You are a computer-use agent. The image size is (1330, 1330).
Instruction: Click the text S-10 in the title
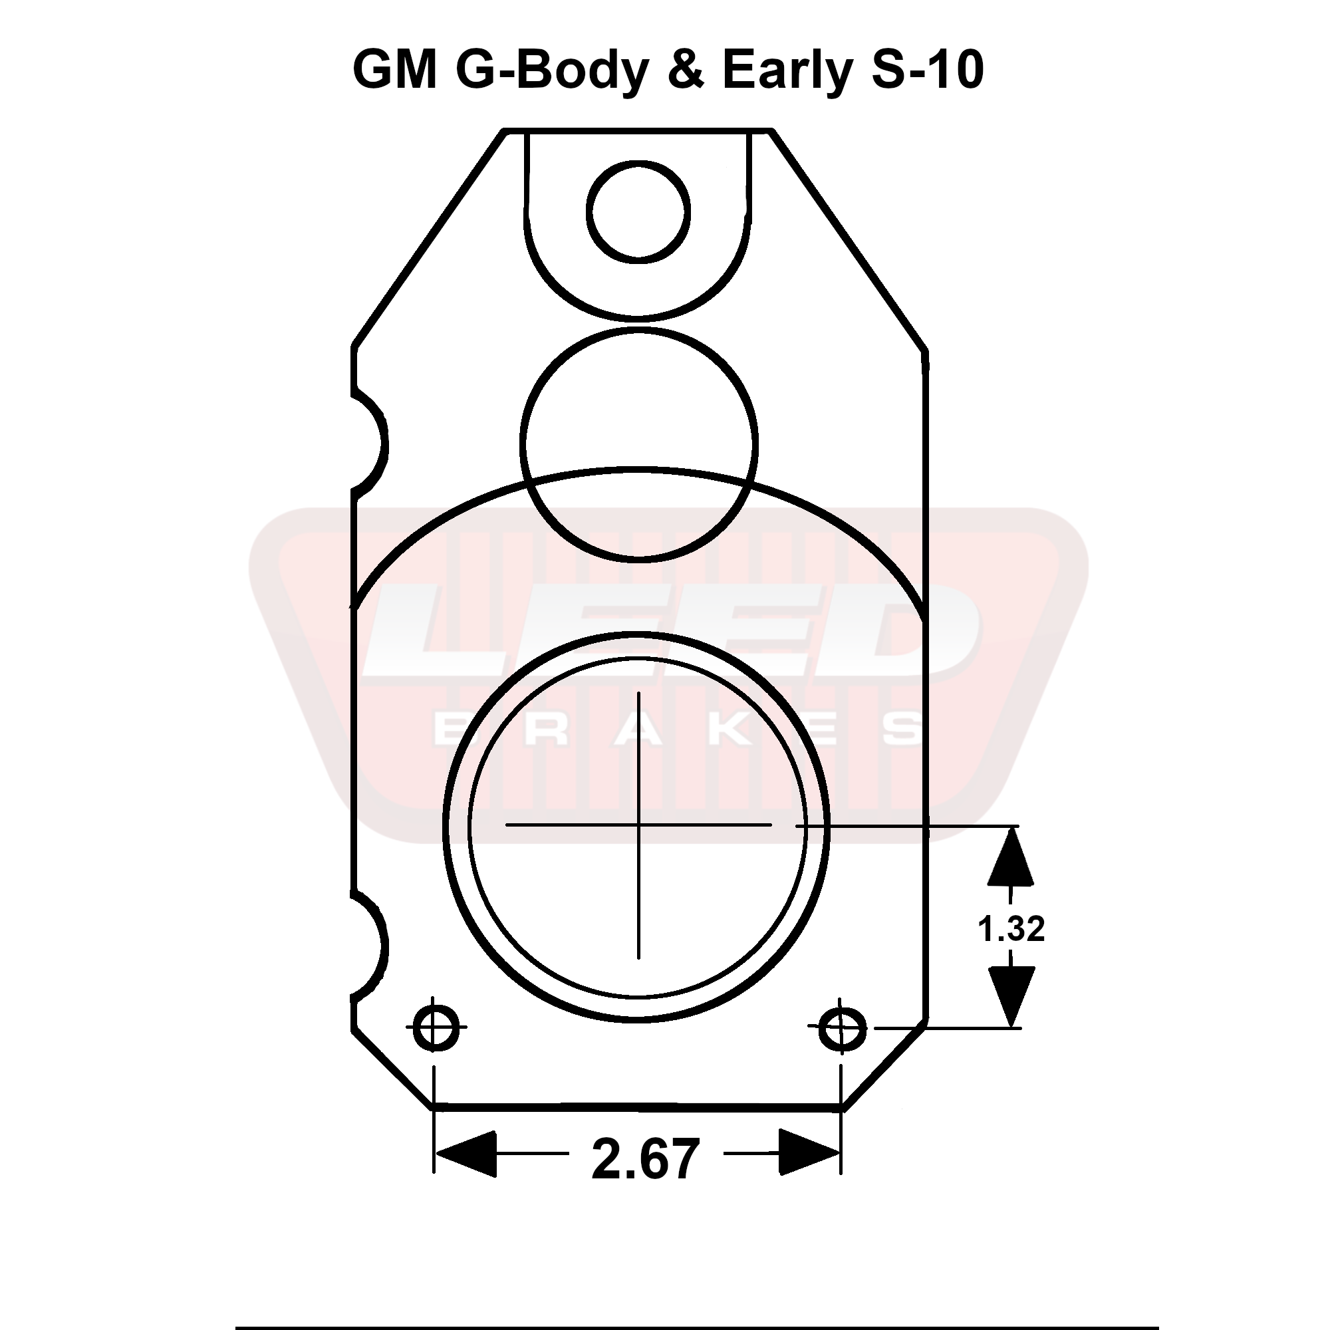point(927,70)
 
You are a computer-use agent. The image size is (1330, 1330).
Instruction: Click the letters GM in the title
point(395,70)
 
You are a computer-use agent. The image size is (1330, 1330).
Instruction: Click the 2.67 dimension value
point(645,1160)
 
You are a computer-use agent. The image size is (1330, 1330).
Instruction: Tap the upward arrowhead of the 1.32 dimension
point(1011,857)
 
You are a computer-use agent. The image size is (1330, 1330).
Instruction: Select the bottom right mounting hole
point(843,1030)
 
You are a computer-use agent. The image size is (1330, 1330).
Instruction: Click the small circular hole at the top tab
point(638,211)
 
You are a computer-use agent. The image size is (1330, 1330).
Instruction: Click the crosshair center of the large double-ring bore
point(639,824)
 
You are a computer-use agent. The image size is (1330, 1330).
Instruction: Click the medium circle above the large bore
point(639,444)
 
